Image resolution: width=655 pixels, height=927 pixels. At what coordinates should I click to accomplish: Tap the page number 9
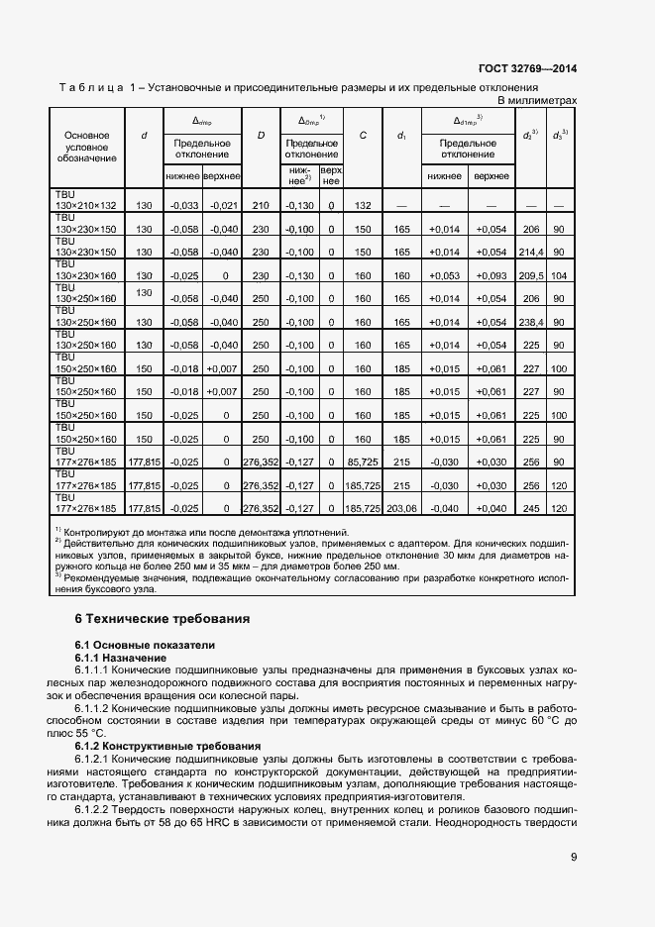pyautogui.click(x=574, y=858)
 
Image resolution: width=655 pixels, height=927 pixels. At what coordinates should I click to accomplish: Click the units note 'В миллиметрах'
pyautogui.click(x=535, y=100)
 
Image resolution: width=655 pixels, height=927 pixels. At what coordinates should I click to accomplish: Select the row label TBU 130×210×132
pyautogui.click(x=86, y=199)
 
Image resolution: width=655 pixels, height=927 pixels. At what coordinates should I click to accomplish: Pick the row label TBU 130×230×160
pyautogui.click(x=86, y=270)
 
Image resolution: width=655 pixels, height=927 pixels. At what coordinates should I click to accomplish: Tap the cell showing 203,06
pyautogui.click(x=401, y=508)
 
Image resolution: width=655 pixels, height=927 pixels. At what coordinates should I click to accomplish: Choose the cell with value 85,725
pyautogui.click(x=364, y=461)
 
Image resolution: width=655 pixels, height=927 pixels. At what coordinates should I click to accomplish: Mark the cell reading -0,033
pyautogui.click(x=183, y=205)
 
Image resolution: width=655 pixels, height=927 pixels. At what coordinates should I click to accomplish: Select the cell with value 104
pyautogui.click(x=559, y=276)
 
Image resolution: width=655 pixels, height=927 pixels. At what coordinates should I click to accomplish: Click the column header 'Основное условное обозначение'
pyautogui.click(x=86, y=146)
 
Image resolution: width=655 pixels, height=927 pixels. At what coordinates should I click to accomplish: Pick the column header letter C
pyautogui.click(x=364, y=135)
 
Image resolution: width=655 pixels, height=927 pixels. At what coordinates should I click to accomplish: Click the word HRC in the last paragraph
pyautogui.click(x=234, y=823)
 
